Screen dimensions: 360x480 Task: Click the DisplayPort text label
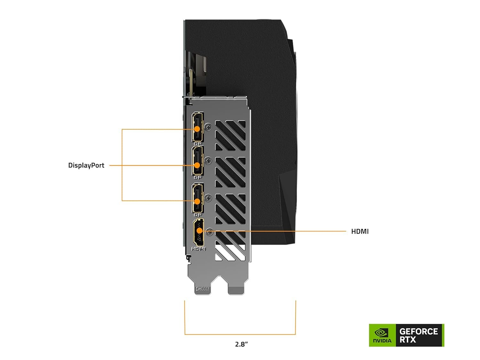tap(86, 165)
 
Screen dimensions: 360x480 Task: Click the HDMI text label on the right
tap(360, 231)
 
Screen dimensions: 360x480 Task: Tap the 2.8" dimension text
tap(241, 344)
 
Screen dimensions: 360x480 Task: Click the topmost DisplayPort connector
tap(197, 127)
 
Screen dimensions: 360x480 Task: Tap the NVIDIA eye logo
tap(382, 333)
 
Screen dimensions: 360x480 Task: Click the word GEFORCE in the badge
tap(419, 332)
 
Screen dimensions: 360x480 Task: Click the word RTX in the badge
tap(408, 340)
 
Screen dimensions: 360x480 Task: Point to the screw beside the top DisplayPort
tap(208, 127)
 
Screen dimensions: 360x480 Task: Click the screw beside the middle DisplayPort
tap(208, 161)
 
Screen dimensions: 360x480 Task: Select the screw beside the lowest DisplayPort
tap(208, 198)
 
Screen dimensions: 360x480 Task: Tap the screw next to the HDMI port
tap(210, 232)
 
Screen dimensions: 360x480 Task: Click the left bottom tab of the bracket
tap(203, 289)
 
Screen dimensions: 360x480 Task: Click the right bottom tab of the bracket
tap(236, 290)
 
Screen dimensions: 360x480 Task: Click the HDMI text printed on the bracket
tap(198, 249)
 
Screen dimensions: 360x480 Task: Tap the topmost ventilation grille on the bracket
tap(230, 135)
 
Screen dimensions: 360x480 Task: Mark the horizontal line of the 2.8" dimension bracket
tap(240, 334)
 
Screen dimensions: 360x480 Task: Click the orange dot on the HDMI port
tap(199, 230)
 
